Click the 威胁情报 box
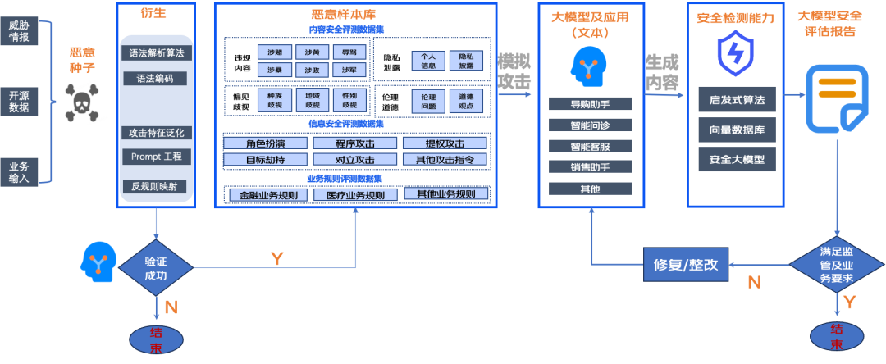19,30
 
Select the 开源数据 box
19,101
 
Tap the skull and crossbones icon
81,102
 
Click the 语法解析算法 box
156,52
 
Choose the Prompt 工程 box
156,156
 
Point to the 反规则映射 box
156,186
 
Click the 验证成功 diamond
156,268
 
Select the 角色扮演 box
263,143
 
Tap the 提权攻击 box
445,143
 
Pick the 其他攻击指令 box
445,159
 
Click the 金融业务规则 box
267,195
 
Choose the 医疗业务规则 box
355,195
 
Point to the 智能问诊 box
590,125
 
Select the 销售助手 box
590,167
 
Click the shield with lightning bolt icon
735,54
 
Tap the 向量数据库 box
736,129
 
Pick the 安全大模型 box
736,158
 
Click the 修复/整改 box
686,264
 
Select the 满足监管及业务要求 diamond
836,265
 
